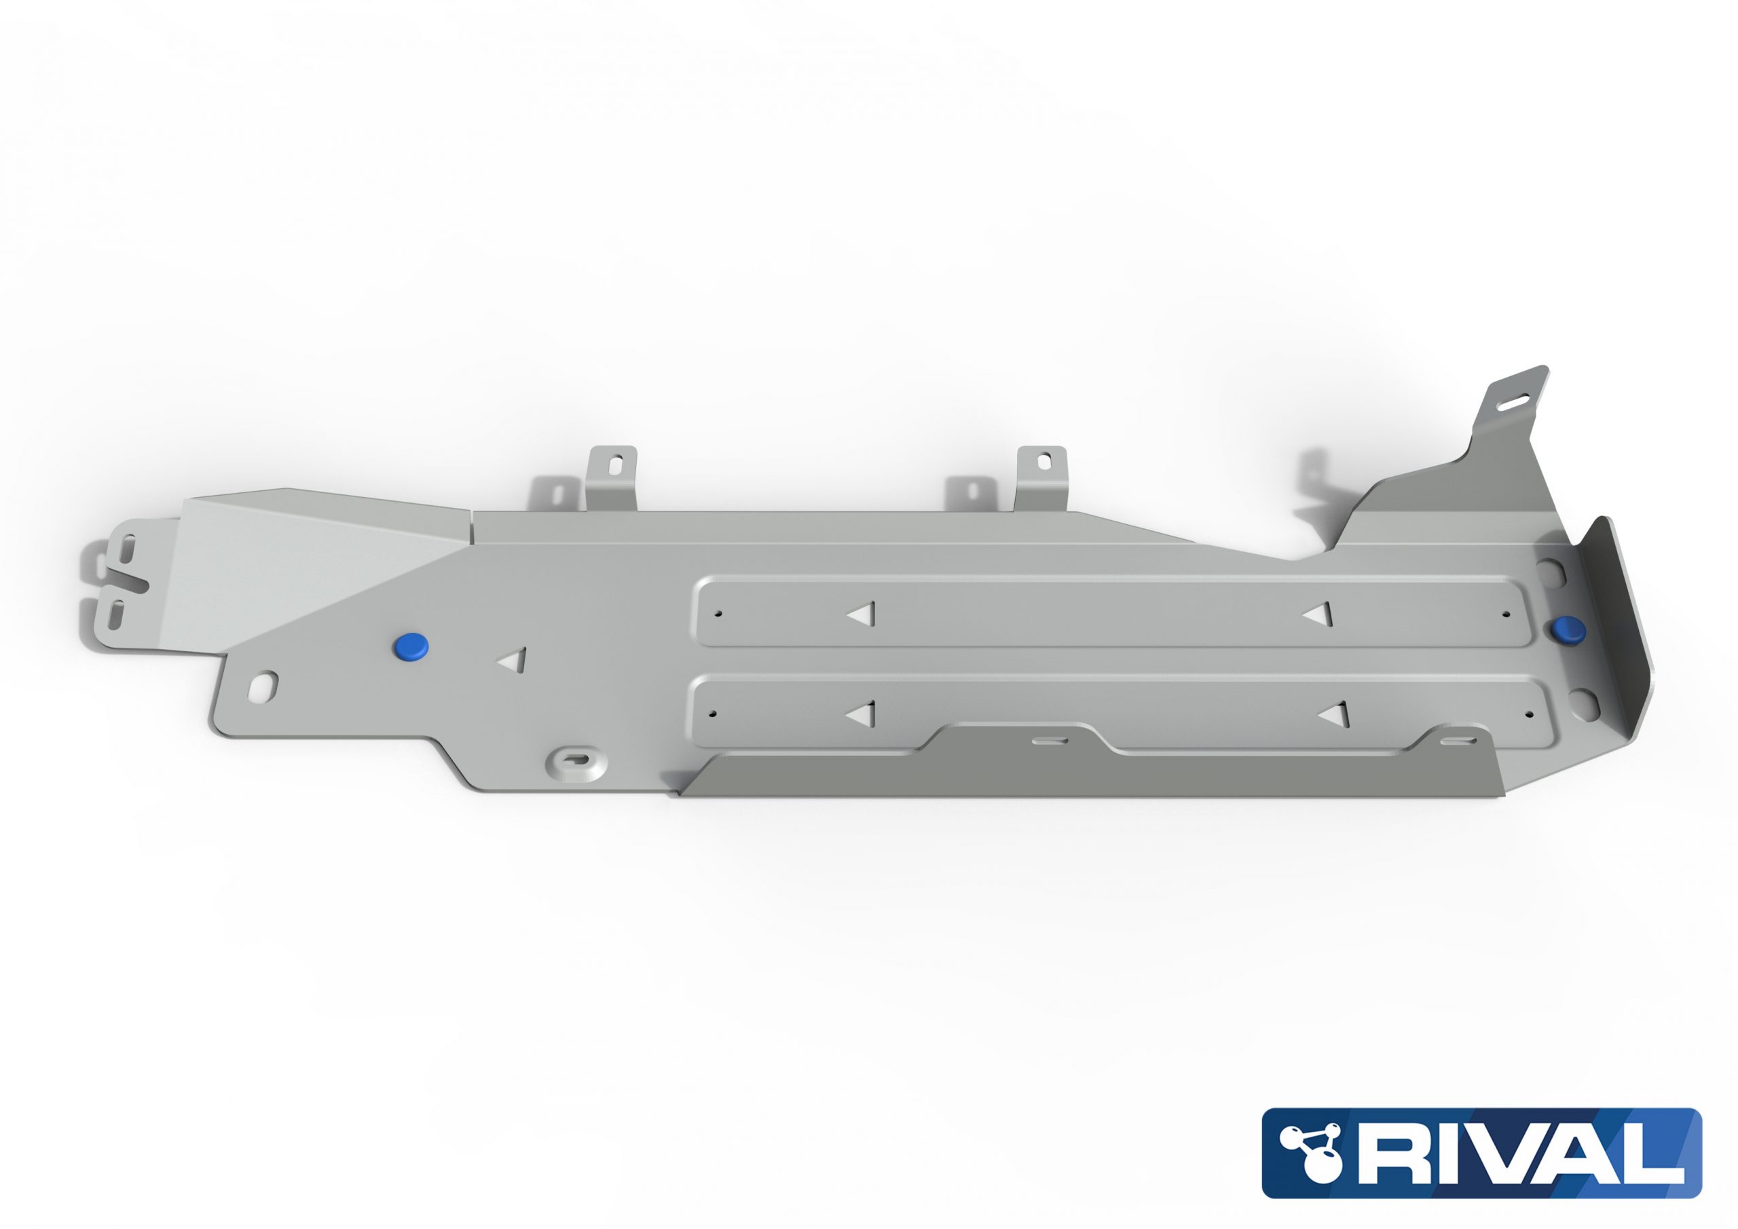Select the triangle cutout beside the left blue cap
pyautogui.click(x=515, y=660)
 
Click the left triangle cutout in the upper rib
pyautogui.click(x=863, y=614)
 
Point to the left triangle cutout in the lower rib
pyautogui.click(x=862, y=714)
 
